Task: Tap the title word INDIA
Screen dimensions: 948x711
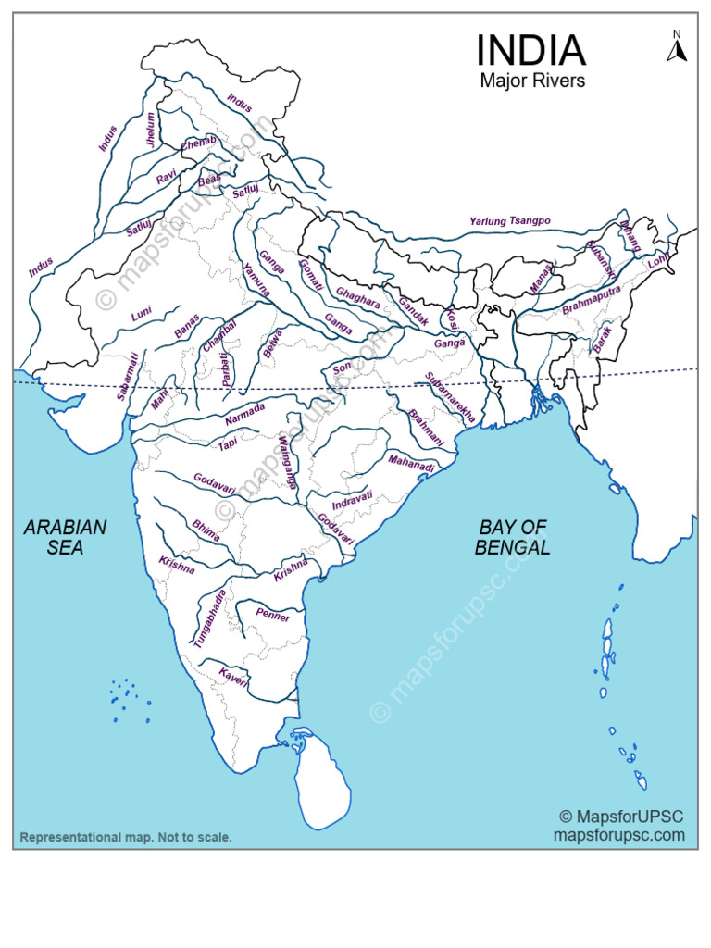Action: [530, 50]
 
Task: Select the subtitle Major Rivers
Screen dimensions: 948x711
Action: [532, 81]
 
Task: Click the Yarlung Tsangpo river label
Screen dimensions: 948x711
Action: [509, 221]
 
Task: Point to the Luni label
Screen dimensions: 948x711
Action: [141, 315]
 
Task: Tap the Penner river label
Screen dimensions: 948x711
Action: [274, 617]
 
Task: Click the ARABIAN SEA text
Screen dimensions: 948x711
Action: [65, 537]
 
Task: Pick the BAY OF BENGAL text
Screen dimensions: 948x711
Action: [513, 537]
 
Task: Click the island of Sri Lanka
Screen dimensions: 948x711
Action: [319, 782]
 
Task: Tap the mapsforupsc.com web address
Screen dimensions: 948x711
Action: [619, 834]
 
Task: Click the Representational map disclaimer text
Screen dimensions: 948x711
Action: [127, 838]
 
